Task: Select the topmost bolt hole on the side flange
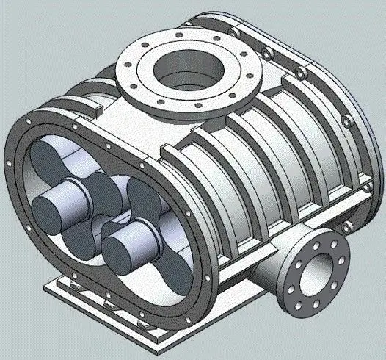pos(325,239)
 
